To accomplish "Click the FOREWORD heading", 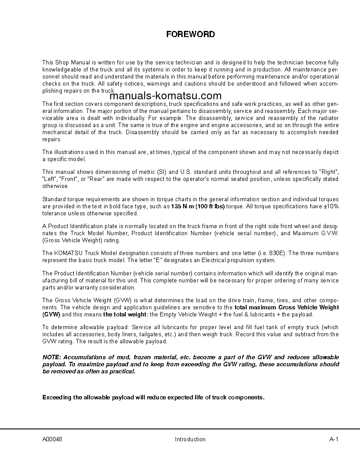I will pos(190,34).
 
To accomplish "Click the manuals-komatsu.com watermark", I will pos(165,96).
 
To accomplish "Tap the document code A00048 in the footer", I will pos(52,439).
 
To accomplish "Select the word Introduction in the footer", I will pos(190,439).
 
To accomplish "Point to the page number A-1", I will pos(334,439).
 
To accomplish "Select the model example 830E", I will pos(278,253).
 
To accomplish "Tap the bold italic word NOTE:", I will pos(52,357).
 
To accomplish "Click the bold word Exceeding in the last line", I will pos(57,397).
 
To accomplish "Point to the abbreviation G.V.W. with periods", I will pos(329,233).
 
